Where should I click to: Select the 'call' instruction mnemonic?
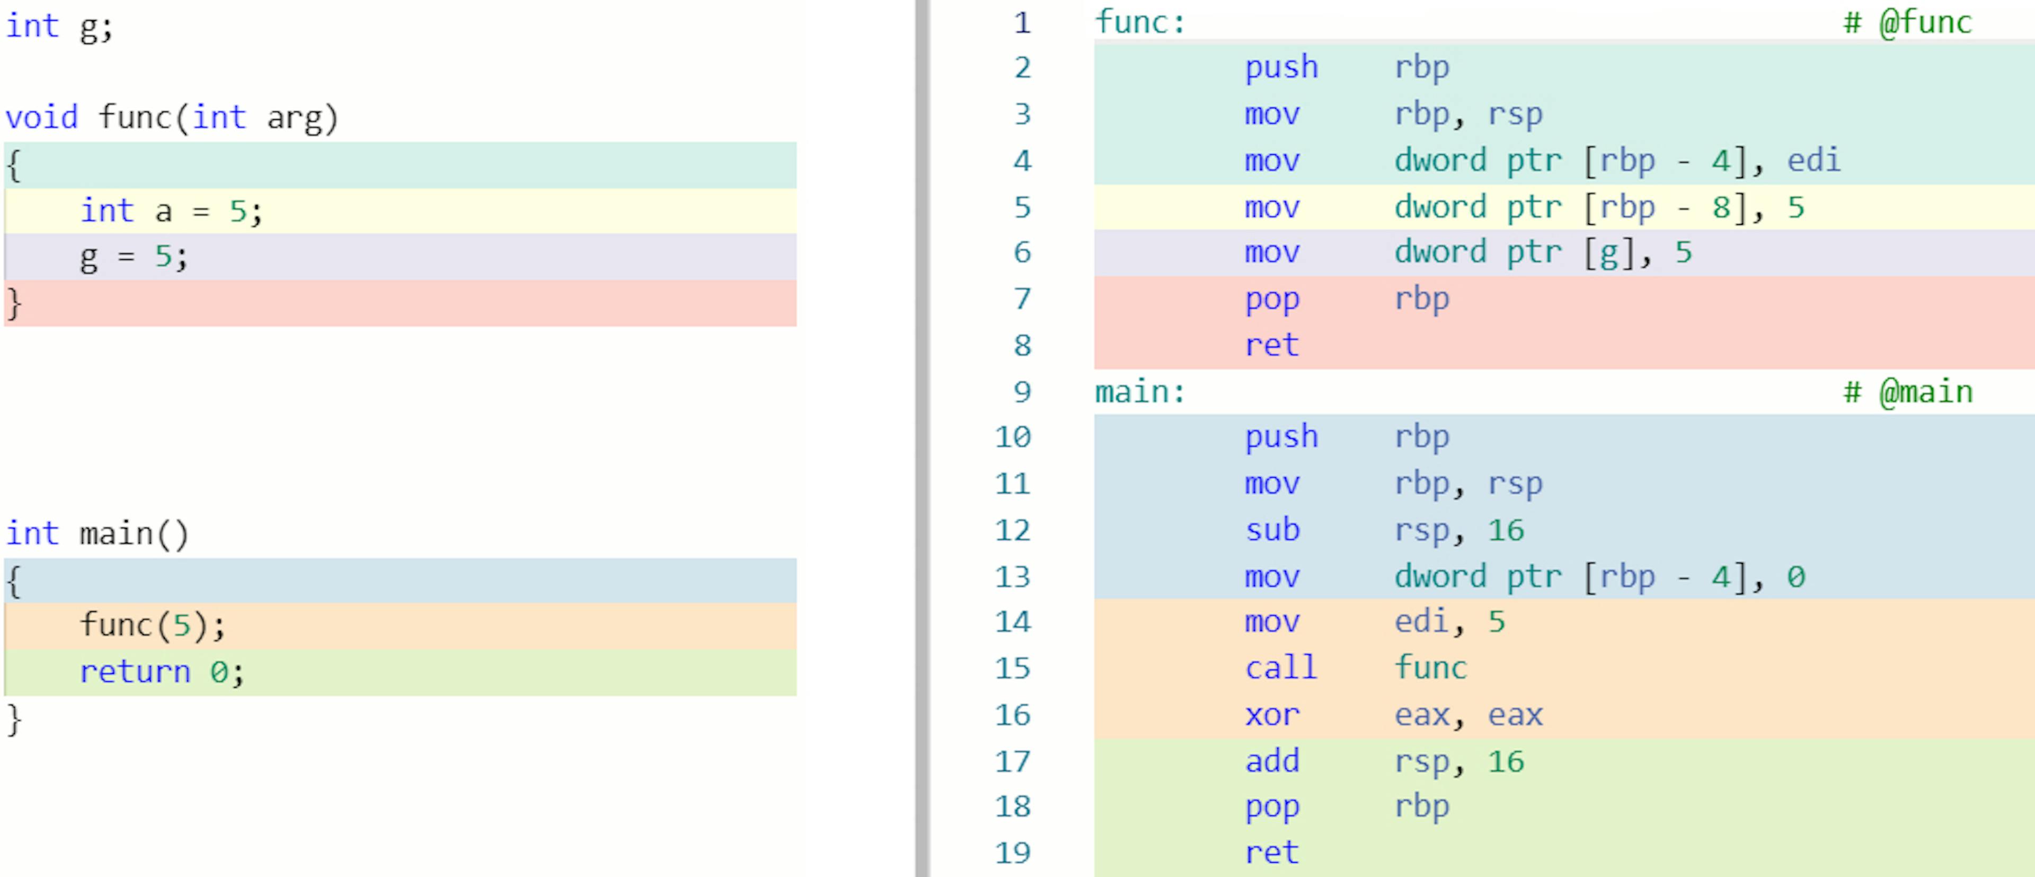pyautogui.click(x=1280, y=669)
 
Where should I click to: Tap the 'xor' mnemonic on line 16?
pyautogui.click(x=1272, y=715)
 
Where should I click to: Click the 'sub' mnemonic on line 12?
pyautogui.click(x=1272, y=530)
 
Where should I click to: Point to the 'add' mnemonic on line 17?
pyautogui.click(x=1272, y=761)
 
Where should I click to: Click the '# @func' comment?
pyautogui.click(x=1908, y=22)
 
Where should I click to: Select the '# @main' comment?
pyautogui.click(x=1908, y=392)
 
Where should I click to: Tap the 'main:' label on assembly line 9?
pyautogui.click(x=1140, y=392)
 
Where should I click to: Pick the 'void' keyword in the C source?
pyautogui.click(x=42, y=118)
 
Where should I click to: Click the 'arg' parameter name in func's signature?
pyautogui.click(x=295, y=118)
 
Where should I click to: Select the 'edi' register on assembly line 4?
pyautogui.click(x=1814, y=160)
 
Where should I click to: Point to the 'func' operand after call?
pyautogui.click(x=1430, y=669)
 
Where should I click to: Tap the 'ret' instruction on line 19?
pyautogui.click(x=1272, y=853)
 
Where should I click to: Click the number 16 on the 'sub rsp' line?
pyautogui.click(x=1506, y=530)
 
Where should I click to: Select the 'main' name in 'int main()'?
pyautogui.click(x=116, y=534)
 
